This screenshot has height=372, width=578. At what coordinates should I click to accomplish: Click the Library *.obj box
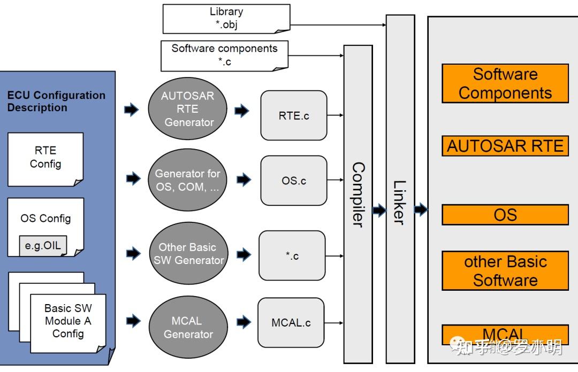click(226, 18)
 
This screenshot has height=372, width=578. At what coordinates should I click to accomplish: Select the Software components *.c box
click(224, 55)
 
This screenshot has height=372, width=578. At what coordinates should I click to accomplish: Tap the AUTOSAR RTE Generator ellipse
click(188, 109)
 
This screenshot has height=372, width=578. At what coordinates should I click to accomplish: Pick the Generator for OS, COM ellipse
click(188, 181)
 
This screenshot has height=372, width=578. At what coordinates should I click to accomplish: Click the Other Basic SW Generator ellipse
click(188, 254)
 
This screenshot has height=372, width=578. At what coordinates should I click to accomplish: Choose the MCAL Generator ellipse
click(187, 328)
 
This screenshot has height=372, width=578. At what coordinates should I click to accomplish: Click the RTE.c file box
click(294, 115)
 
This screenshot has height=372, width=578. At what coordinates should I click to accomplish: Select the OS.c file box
click(294, 181)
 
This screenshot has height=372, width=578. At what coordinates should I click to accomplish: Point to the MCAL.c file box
click(291, 323)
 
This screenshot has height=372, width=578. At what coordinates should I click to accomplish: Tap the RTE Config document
click(45, 158)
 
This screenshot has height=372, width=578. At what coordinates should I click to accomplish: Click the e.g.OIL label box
click(43, 246)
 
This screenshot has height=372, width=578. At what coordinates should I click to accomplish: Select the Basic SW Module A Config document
click(68, 321)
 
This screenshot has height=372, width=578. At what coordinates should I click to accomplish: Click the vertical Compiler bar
click(358, 203)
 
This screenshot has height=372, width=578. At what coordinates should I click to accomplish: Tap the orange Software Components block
click(505, 83)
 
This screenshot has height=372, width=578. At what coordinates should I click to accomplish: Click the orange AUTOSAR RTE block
click(505, 146)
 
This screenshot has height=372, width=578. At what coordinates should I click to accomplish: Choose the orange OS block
click(505, 215)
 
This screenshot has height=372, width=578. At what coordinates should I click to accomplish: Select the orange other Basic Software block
click(505, 270)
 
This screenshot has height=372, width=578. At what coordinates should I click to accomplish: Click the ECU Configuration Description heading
click(56, 101)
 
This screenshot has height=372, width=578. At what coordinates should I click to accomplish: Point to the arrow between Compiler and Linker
click(379, 211)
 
